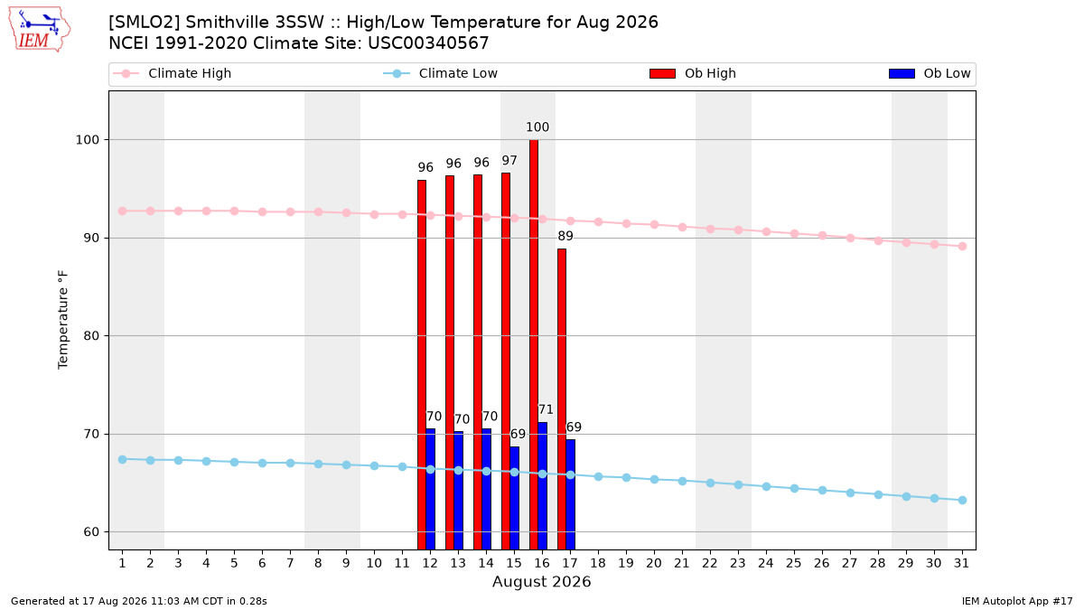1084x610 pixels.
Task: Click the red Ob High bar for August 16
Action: point(534,344)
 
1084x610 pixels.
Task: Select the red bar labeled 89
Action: point(562,399)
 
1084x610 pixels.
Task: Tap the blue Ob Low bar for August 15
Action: point(514,498)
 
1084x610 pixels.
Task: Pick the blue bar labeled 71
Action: point(543,486)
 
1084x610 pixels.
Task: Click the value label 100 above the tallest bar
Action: point(537,127)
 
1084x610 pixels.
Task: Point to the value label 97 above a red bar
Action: point(509,160)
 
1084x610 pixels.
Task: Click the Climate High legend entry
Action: point(173,73)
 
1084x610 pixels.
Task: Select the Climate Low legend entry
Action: point(441,73)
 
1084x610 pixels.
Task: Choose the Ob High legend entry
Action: point(693,73)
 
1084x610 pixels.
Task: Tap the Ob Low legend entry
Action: point(930,73)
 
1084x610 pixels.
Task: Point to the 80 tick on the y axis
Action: point(91,335)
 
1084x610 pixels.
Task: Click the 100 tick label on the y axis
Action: point(87,140)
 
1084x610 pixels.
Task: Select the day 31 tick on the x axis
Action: point(961,563)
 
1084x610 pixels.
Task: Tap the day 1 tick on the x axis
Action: point(123,563)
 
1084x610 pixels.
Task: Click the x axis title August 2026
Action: point(541,581)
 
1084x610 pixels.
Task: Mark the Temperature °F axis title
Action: point(63,320)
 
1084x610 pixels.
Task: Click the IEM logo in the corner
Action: point(39,29)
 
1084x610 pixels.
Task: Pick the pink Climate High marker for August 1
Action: point(123,211)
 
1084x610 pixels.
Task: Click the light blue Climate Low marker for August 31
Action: point(963,500)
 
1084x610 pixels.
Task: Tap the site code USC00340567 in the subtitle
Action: point(428,43)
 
